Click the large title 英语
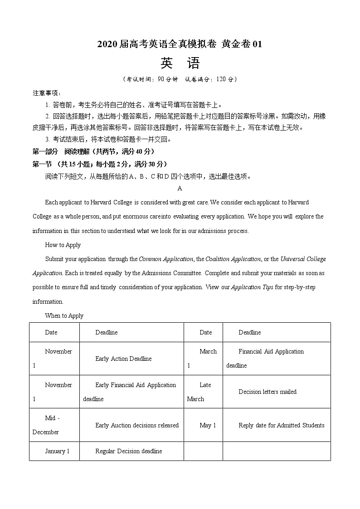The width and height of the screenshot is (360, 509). tap(180, 63)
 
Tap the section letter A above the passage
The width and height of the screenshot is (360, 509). tap(180, 188)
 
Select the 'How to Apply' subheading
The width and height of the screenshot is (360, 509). tap(63, 245)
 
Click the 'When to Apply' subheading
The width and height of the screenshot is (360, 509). tap(64, 315)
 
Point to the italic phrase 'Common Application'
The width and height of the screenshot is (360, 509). tap(166, 259)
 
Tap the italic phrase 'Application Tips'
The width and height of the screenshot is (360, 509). tap(252, 287)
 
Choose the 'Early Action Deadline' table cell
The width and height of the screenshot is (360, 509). tap(123, 359)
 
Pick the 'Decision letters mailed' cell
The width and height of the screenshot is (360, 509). tap(268, 392)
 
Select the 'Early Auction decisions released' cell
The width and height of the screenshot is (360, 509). tap(137, 425)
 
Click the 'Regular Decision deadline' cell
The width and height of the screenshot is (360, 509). tap(128, 451)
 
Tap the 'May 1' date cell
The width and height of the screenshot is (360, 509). tap(208, 425)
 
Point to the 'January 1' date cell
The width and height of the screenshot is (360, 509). tap(57, 451)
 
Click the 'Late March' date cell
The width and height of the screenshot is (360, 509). tap(203, 392)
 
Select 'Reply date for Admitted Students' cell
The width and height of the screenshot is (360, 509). tap(282, 425)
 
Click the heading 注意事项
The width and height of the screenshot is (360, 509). tap(46, 93)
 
